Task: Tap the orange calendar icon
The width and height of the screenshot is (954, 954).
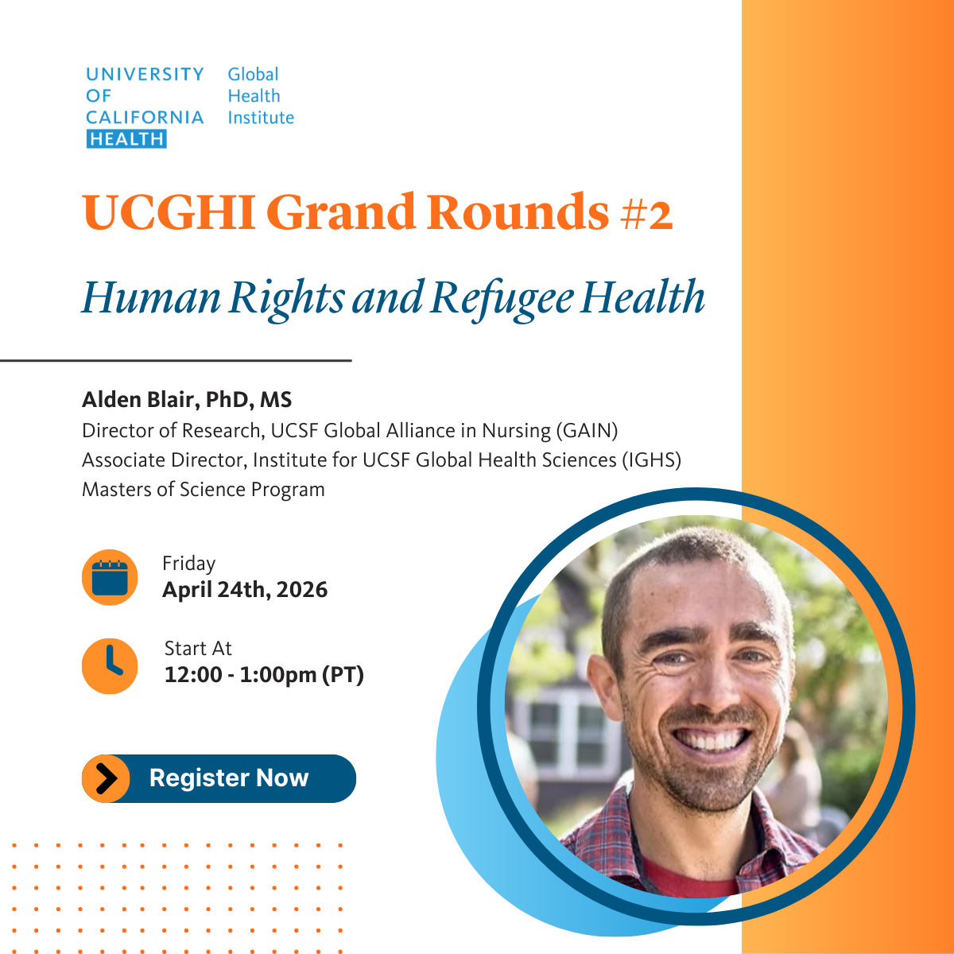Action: click(110, 577)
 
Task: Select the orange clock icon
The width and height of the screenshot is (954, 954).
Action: click(110, 665)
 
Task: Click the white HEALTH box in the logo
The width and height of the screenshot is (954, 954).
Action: click(126, 139)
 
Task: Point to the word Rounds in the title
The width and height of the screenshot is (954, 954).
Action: click(518, 212)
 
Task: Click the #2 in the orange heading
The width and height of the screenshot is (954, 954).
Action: click(646, 214)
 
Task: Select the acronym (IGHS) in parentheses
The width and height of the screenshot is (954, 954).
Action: click(651, 460)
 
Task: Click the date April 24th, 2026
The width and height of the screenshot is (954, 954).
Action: click(245, 590)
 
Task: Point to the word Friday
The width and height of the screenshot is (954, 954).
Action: click(189, 564)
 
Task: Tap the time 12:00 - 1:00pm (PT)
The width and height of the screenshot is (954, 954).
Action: click(264, 675)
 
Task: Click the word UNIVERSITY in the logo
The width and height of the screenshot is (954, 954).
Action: click(145, 75)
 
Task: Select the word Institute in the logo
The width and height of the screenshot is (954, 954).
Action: click(261, 118)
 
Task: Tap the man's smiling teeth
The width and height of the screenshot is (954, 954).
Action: click(712, 740)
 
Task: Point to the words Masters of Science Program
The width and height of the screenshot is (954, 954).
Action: click(204, 490)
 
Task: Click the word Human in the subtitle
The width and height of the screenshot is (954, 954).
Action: click(151, 297)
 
